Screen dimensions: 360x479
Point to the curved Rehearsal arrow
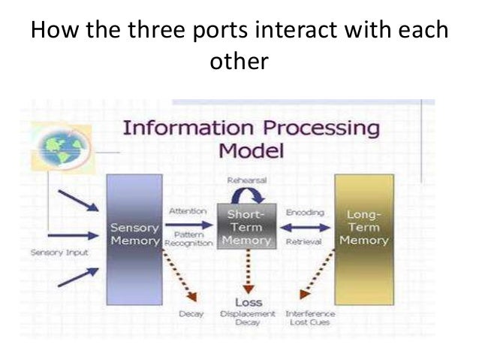pos(249,193)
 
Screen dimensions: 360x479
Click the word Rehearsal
pos(249,180)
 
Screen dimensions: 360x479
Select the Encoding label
pos(305,213)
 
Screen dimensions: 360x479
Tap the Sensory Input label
pos(59,253)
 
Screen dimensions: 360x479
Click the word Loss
pos(249,303)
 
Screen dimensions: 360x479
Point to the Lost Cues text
pos(310,322)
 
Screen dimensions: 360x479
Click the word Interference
pos(310,313)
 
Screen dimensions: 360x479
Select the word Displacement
pos(249,313)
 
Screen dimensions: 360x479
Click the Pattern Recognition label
pos(189,240)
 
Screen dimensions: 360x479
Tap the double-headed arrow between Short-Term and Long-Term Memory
pos(305,228)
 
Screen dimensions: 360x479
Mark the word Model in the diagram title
pos(251,150)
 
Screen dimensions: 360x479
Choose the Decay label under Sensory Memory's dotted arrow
pos(191,313)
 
